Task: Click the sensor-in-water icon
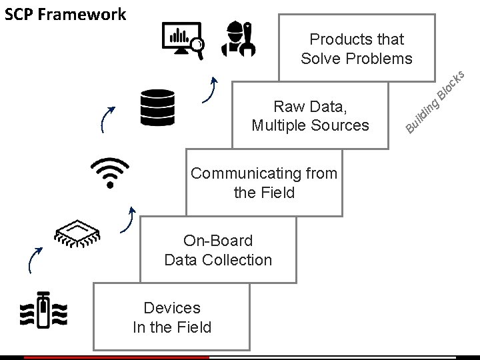(44, 311)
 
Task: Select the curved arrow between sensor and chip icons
(35, 260)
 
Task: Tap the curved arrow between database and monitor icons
(212, 90)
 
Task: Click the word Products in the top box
(337, 39)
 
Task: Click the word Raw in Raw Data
(287, 106)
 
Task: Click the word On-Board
(218, 241)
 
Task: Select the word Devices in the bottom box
(172, 307)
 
